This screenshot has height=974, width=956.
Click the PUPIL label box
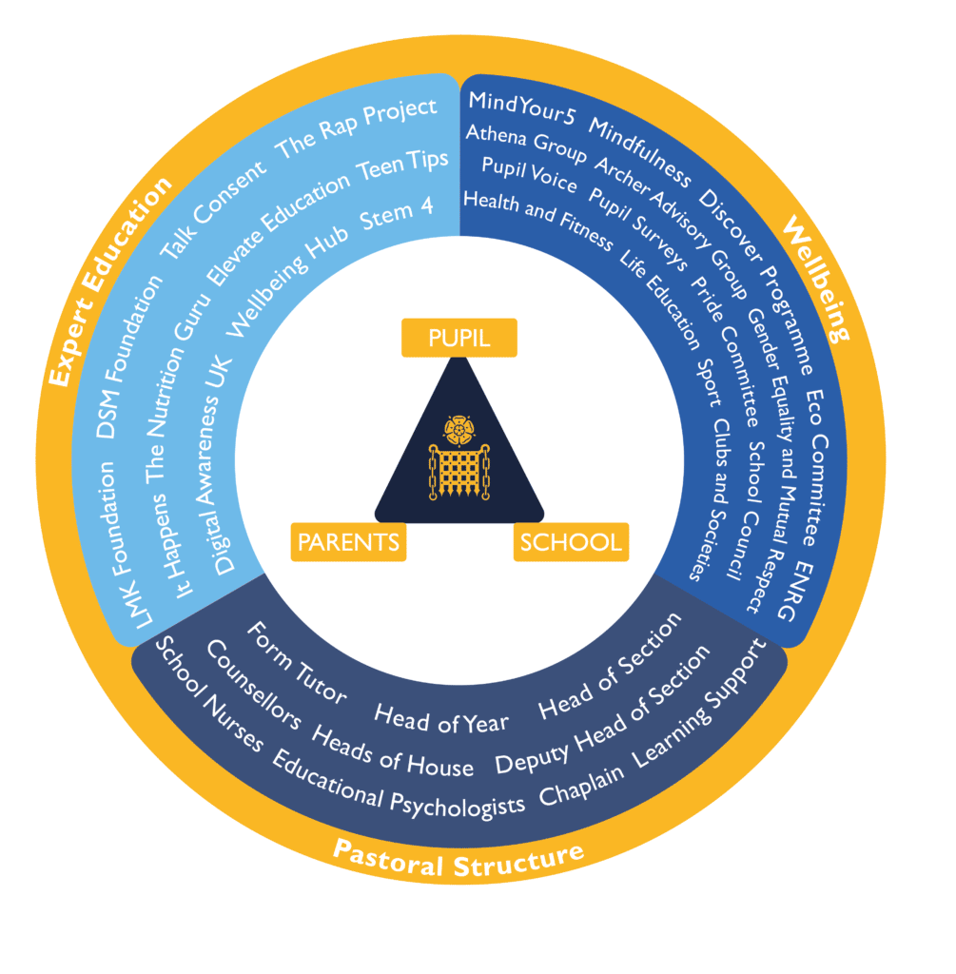click(459, 338)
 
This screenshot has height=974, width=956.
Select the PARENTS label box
click(348, 542)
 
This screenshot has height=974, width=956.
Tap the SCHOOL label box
click(571, 542)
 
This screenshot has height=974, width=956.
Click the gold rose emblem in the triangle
click(459, 430)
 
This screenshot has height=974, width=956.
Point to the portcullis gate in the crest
click(459, 472)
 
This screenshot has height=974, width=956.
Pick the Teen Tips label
click(402, 166)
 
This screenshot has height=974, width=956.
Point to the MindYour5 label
click(522, 107)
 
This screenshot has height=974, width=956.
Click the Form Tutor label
click(296, 663)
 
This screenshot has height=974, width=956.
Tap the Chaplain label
click(581, 785)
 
